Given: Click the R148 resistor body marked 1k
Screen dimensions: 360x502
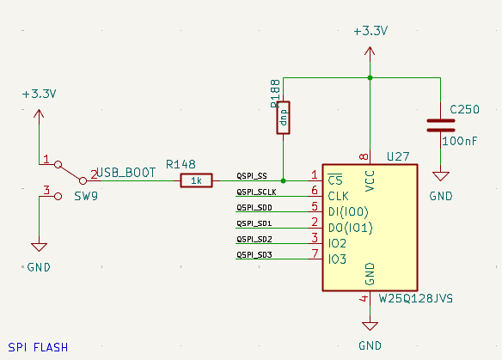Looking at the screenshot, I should tap(197, 180).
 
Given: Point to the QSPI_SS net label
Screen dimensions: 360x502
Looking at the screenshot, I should tap(252, 176).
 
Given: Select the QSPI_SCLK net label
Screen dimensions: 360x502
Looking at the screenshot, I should tap(255, 192).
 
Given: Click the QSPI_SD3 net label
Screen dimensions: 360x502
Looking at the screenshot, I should tap(254, 254).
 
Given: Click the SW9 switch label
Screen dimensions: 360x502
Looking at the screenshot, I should tap(85, 196).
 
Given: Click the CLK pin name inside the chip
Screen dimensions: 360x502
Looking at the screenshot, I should tap(340, 197).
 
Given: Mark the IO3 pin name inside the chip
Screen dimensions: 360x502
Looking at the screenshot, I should tap(338, 259).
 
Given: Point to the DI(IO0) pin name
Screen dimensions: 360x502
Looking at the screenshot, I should tap(348, 212).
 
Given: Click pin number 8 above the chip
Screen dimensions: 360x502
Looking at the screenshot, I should tap(364, 156).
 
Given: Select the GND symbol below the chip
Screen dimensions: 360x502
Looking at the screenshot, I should tap(370, 326).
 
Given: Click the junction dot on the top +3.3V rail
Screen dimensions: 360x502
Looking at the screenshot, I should tap(370, 78).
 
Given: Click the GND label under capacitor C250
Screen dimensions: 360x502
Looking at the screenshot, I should tap(441, 196).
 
